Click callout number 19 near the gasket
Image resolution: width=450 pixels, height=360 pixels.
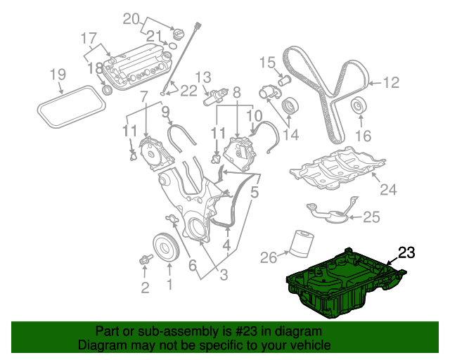[58, 74]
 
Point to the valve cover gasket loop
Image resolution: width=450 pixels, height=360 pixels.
[70, 105]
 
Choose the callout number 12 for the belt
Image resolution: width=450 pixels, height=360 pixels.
[391, 83]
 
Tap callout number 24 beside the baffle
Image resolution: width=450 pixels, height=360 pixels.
[389, 189]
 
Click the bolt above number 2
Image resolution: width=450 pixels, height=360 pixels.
[146, 261]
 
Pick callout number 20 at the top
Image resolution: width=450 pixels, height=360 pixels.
[132, 18]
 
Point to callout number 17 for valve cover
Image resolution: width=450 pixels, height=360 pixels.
[89, 37]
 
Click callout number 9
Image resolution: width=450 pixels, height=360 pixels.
[166, 111]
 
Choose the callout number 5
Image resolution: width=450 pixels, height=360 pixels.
[255, 191]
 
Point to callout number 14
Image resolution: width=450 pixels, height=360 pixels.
[290, 134]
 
